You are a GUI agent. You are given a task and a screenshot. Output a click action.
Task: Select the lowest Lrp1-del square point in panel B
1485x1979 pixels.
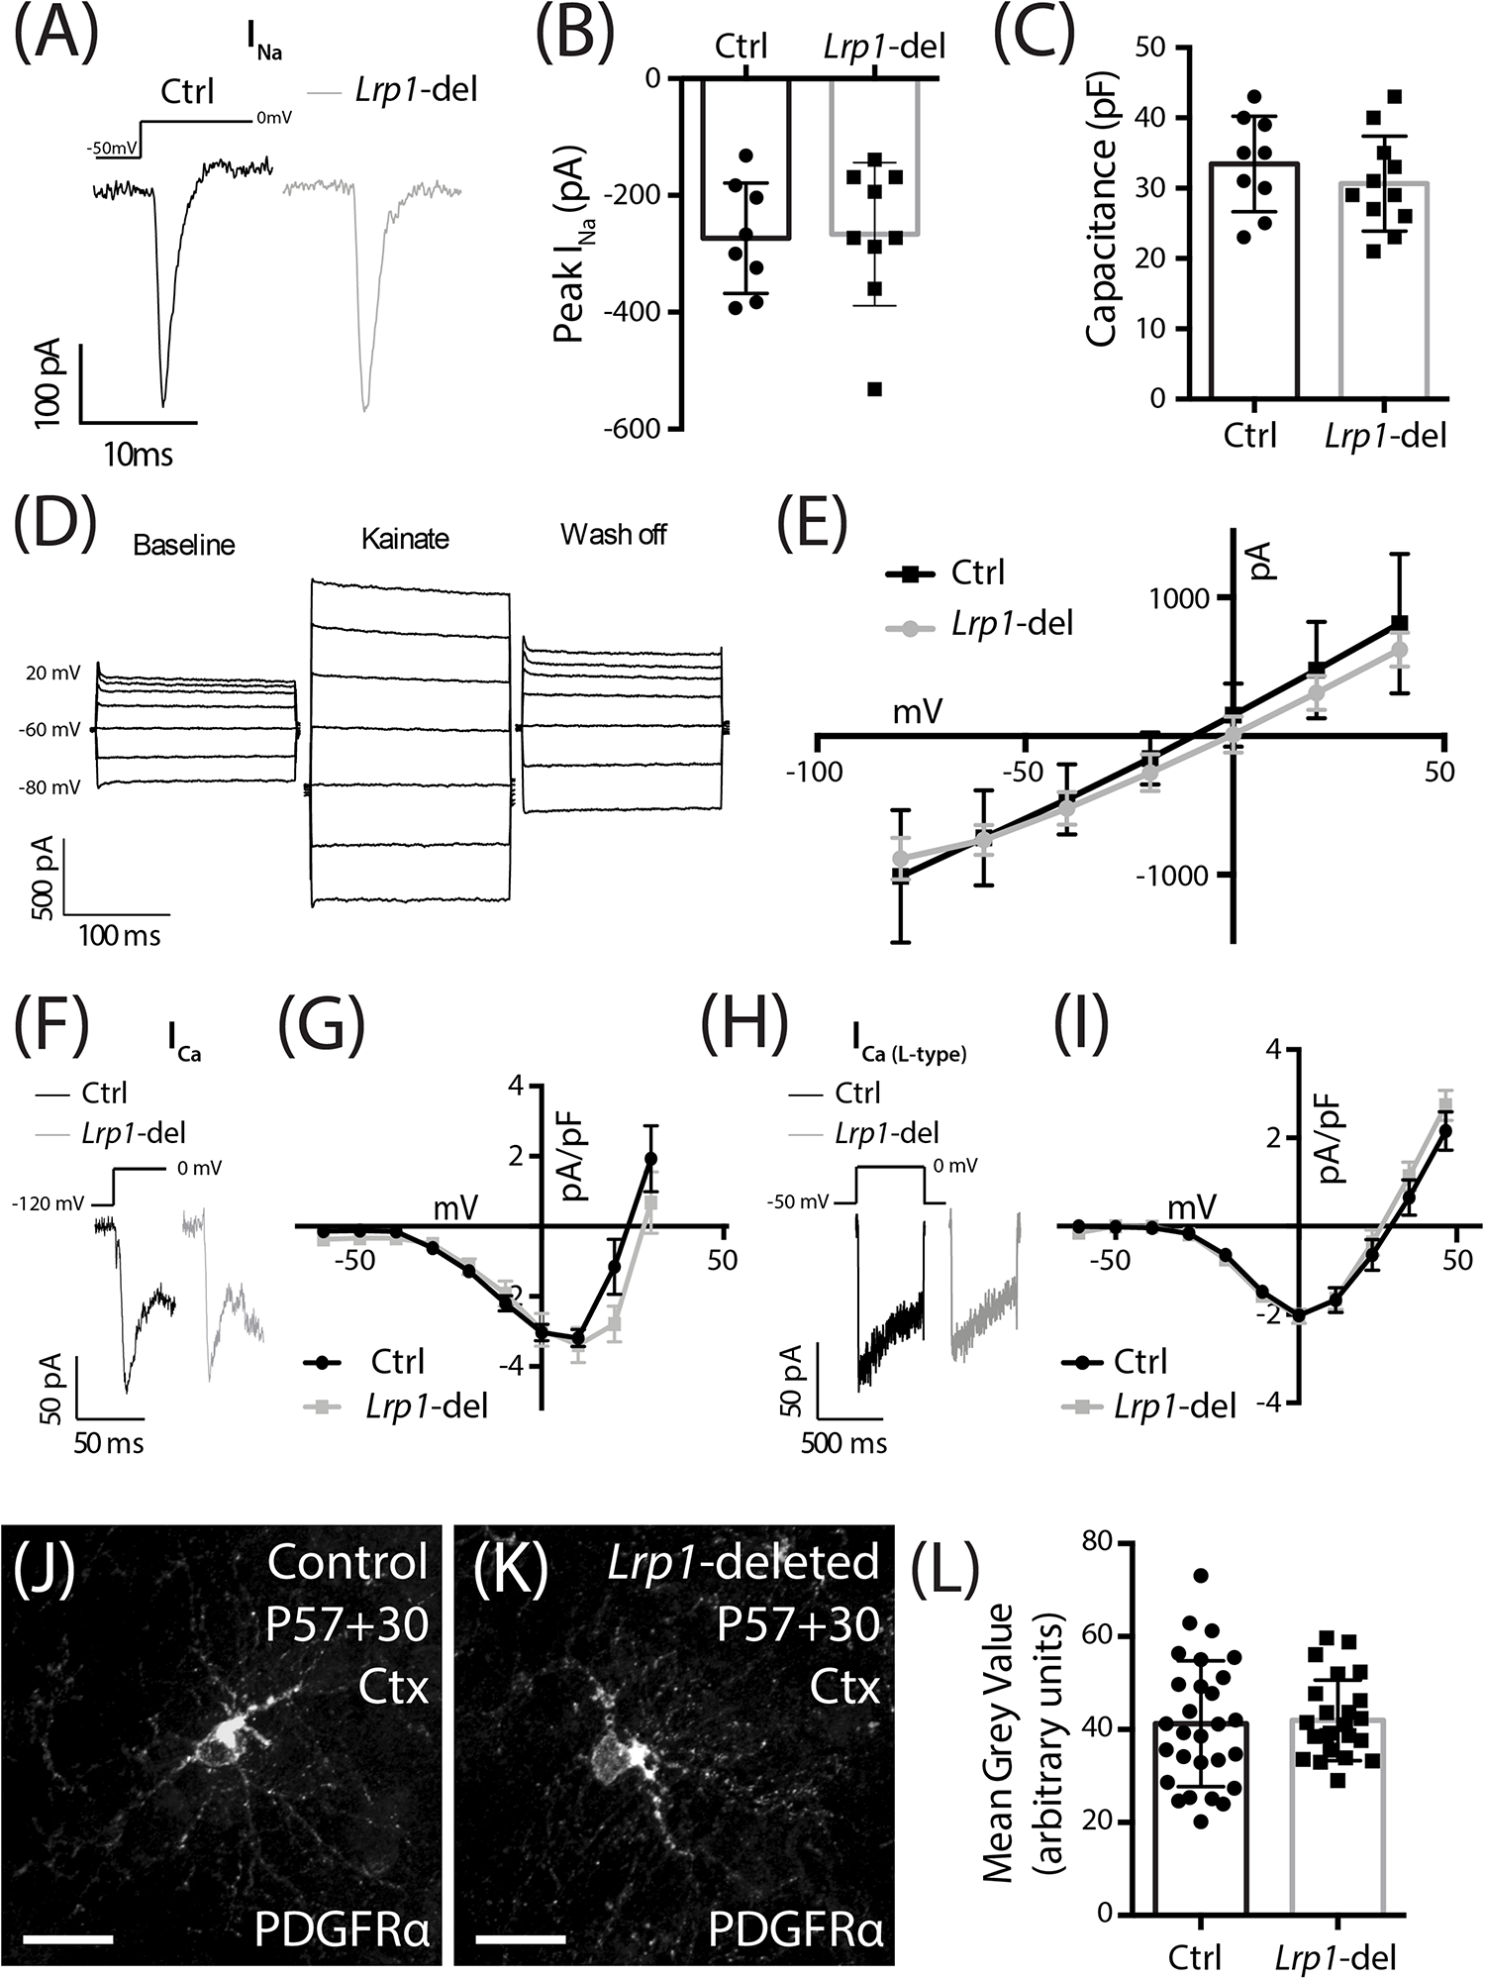click(874, 388)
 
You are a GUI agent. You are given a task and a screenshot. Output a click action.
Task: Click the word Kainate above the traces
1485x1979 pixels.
click(405, 539)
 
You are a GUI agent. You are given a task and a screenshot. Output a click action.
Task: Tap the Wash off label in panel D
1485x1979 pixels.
click(614, 535)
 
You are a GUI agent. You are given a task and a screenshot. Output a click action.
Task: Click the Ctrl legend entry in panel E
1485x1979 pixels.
click(976, 573)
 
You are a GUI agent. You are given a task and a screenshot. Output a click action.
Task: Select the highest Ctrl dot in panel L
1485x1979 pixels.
click(1201, 1575)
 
